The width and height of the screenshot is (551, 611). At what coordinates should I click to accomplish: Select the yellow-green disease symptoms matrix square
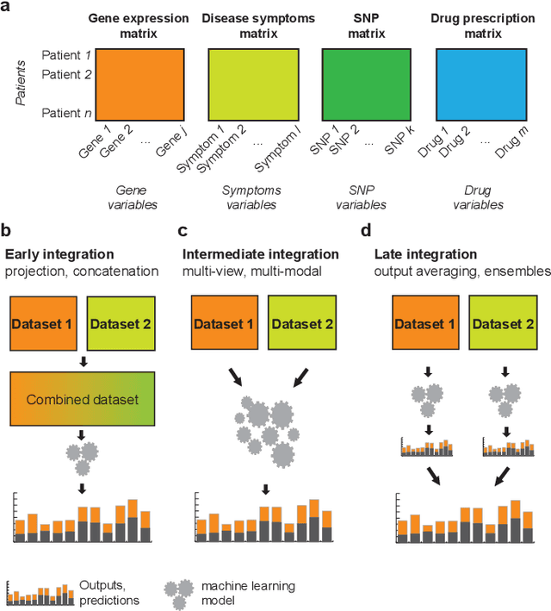pos(256,83)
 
